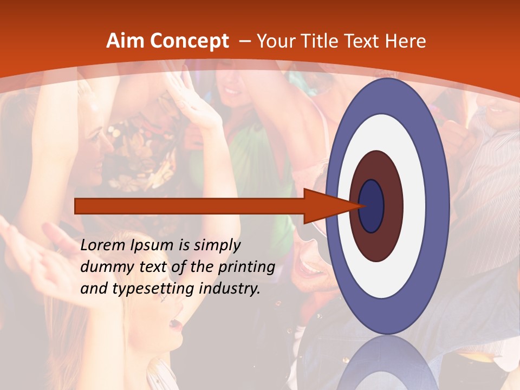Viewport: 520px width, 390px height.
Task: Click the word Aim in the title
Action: tap(125, 41)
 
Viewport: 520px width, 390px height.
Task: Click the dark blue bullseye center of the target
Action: tap(372, 206)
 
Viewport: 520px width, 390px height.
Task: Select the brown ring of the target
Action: tap(393, 206)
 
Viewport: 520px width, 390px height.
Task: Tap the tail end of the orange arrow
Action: tap(77, 206)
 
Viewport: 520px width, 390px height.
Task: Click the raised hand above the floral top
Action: tap(192, 100)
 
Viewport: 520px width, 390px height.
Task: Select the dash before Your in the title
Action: tap(244, 42)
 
